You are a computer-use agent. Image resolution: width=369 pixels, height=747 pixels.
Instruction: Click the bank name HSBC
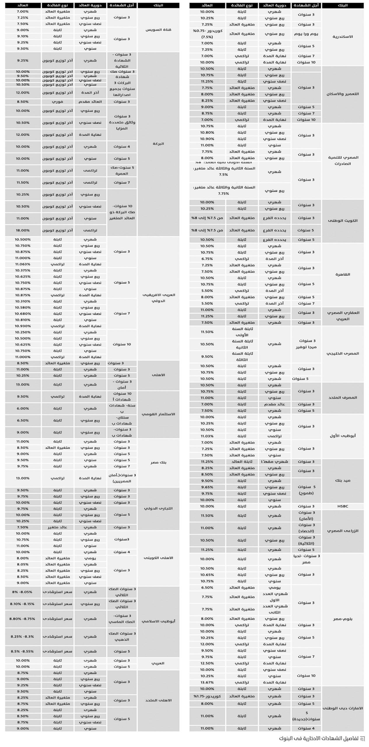343,506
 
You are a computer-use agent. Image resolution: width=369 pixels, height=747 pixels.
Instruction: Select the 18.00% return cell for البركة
23,230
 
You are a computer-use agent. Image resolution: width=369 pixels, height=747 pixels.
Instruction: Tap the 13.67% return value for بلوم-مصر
207,682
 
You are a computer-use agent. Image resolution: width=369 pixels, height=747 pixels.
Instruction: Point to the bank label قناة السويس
158,30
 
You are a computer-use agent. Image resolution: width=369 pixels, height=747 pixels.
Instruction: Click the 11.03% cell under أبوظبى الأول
207,436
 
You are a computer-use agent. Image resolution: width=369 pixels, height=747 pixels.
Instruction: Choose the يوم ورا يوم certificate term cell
306,34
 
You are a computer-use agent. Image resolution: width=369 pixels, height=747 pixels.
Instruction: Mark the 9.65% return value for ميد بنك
207,487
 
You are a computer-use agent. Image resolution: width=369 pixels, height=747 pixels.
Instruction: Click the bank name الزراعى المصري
343,531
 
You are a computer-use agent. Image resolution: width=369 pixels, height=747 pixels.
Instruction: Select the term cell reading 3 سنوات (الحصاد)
306,528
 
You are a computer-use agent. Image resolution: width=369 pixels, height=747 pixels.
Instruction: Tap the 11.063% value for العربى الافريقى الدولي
23,264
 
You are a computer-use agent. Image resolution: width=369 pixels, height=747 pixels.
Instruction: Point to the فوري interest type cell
57,102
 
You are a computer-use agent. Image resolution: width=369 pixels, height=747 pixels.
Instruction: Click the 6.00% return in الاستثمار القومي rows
23,409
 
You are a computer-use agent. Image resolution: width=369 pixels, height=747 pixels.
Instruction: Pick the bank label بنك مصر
158,462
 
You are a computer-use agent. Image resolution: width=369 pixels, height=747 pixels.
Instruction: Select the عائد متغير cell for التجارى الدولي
57,527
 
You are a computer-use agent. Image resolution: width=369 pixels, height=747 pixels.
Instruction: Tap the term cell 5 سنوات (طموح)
306,490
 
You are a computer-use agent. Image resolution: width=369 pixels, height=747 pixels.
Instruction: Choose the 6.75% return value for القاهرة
207,259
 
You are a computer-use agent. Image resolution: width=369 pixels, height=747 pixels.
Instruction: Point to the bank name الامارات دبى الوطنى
343,708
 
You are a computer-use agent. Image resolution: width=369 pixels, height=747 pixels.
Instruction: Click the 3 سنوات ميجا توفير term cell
306,344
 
